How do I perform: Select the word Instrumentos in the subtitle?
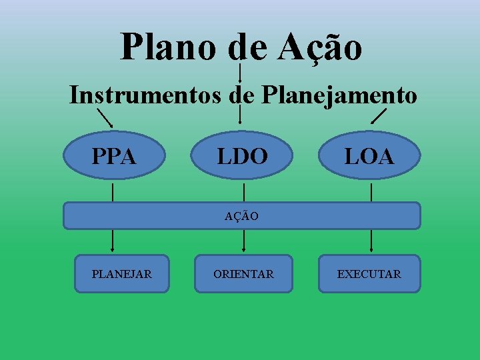[145, 95]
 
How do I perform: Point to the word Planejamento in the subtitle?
[339, 95]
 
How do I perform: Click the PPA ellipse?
[114, 157]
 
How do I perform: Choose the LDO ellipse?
[242, 157]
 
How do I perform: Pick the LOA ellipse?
[369, 157]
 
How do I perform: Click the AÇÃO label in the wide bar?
[241, 216]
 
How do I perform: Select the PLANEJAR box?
[121, 274]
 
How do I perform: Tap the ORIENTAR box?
[243, 274]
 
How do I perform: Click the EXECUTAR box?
[369, 274]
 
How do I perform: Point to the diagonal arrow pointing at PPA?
[105, 118]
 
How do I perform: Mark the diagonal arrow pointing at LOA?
[378, 117]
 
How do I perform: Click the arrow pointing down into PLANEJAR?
[112, 240]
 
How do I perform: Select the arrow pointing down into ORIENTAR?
[243, 240]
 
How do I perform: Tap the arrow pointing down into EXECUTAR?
[371, 240]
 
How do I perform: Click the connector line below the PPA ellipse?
[113, 193]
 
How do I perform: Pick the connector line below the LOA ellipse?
[371, 193]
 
